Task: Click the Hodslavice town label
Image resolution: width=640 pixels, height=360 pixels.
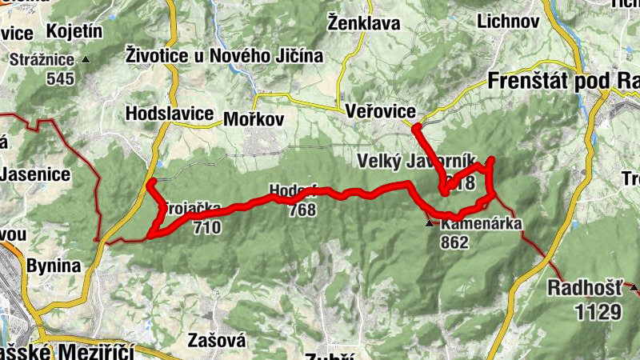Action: (169, 114)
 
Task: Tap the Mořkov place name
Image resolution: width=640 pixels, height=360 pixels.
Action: (254, 118)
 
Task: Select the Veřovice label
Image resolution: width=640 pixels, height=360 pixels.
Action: (377, 113)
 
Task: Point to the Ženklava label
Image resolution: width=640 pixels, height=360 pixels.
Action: (364, 23)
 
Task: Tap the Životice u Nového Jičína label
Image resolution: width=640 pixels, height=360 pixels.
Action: (224, 56)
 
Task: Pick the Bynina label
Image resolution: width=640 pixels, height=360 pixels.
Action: (54, 266)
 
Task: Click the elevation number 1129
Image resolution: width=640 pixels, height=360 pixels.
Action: (597, 311)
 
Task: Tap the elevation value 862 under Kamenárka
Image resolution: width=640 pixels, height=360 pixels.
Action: (454, 242)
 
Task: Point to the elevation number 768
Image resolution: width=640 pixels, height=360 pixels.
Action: (302, 210)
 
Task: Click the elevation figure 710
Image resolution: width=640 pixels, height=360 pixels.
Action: (206, 227)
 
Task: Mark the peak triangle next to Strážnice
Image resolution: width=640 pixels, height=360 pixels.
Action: (86, 60)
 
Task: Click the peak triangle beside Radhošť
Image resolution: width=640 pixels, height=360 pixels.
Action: (634, 286)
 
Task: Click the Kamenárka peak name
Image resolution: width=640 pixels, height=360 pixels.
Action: (481, 225)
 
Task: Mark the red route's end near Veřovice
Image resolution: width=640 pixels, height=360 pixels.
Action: (416, 126)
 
